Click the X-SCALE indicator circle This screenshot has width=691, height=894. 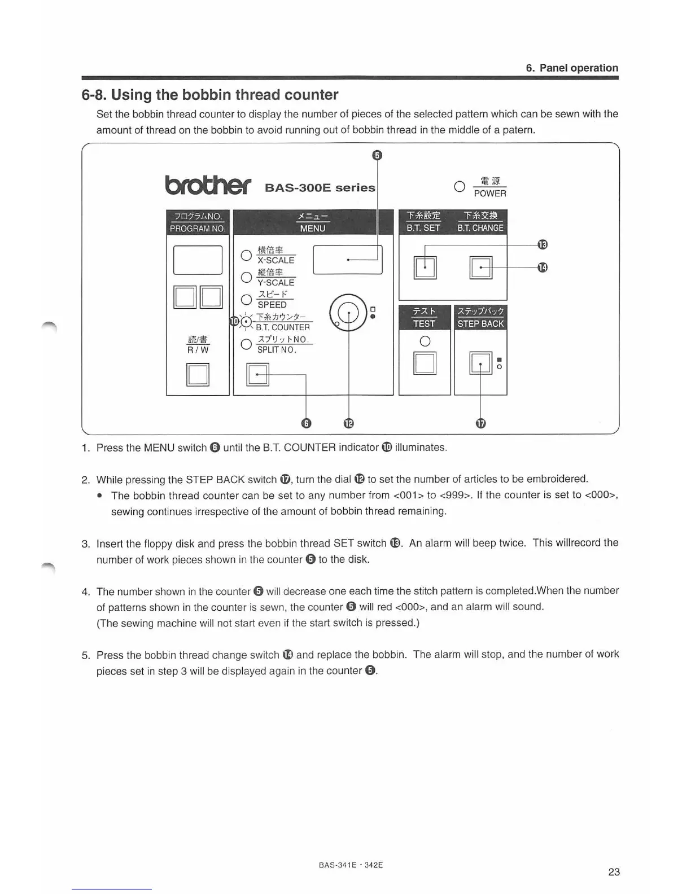pos(246,255)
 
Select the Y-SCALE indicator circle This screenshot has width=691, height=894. pos(246,278)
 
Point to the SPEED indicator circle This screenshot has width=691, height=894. pos(246,300)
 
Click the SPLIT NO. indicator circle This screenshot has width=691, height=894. pos(246,344)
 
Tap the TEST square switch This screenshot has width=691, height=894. pos(425,363)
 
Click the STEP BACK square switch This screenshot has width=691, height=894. pos(480,363)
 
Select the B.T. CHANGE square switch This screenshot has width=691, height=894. pos(480,267)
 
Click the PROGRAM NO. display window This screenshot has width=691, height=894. pos(198,260)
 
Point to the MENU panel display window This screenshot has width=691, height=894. pos(347,260)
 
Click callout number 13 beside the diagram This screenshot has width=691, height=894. pos(543,244)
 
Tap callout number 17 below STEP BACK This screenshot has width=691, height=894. pos(480,423)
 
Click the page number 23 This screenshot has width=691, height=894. pos(614,872)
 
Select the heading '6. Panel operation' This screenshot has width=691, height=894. pos(571,68)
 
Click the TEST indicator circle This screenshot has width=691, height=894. pos(425,341)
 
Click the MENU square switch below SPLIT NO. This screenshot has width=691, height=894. pos(257,374)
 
